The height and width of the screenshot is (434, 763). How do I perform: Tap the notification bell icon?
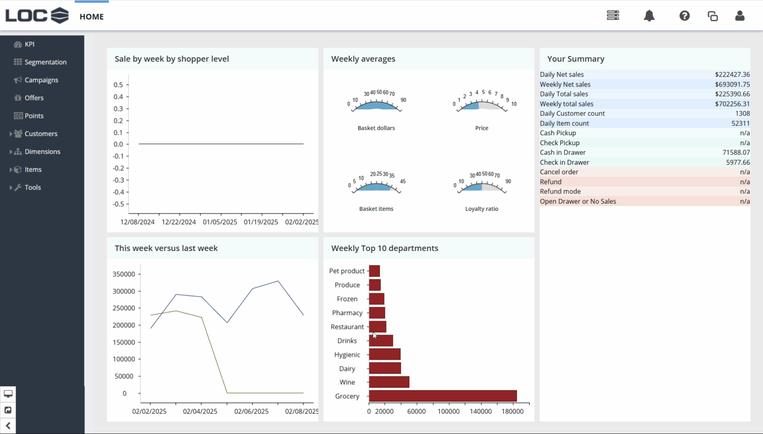649,16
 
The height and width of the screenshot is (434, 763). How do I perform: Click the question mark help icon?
685,16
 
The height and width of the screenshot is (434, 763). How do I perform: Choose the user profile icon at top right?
740,16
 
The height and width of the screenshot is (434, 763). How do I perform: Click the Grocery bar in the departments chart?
443,396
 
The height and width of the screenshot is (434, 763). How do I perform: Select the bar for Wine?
389,382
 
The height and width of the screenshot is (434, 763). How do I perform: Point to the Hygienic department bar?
384,354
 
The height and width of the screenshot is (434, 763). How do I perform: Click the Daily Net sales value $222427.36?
732,75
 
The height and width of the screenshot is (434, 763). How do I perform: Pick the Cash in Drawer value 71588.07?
736,153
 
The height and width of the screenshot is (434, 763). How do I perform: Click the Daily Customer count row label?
572,113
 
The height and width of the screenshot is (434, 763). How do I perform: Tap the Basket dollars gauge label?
376,128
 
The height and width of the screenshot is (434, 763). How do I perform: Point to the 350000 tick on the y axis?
124,274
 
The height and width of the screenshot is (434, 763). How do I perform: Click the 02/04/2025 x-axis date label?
200,411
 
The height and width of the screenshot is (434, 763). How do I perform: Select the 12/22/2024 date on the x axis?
178,222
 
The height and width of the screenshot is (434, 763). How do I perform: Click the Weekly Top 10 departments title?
384,248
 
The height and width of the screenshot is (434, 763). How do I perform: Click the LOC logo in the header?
37,16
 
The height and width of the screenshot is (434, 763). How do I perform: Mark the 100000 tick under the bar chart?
448,411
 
